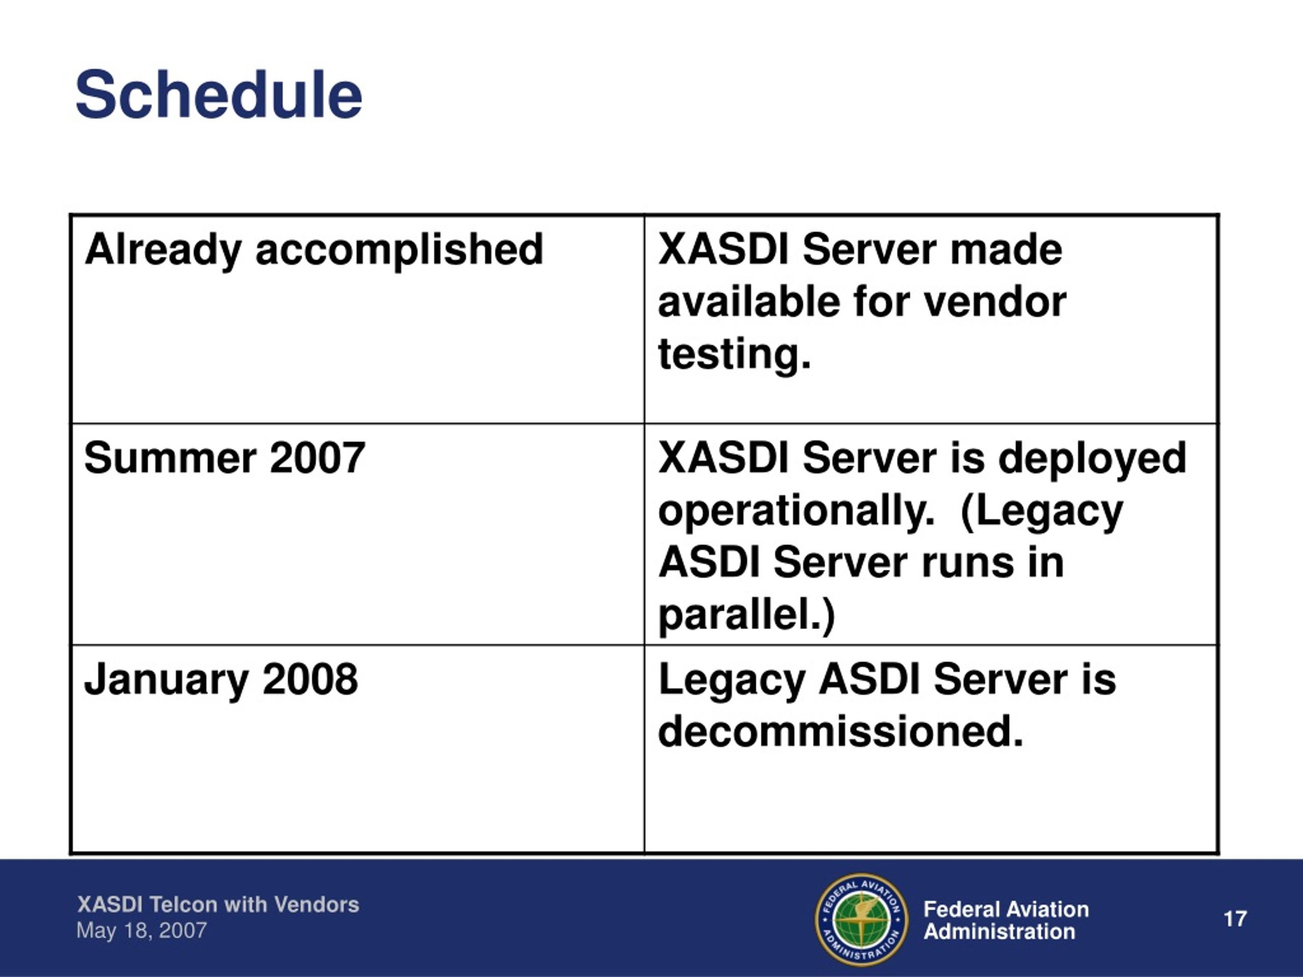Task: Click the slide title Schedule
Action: [x=218, y=95]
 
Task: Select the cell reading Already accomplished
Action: [x=357, y=319]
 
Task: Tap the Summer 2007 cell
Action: [x=357, y=534]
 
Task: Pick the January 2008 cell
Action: [x=357, y=749]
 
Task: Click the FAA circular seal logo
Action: [x=862, y=919]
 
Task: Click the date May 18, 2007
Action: [x=141, y=931]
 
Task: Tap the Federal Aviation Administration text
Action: [x=1006, y=921]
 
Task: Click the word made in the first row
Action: [x=1007, y=250]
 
